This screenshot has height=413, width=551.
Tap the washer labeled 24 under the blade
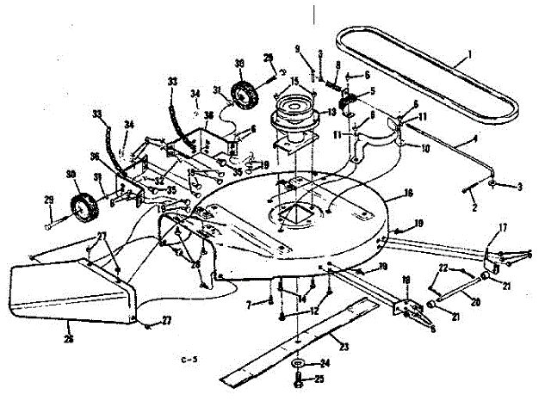click(x=298, y=364)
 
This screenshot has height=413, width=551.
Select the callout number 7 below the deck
click(x=248, y=304)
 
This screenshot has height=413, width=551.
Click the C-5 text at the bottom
click(x=189, y=359)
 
